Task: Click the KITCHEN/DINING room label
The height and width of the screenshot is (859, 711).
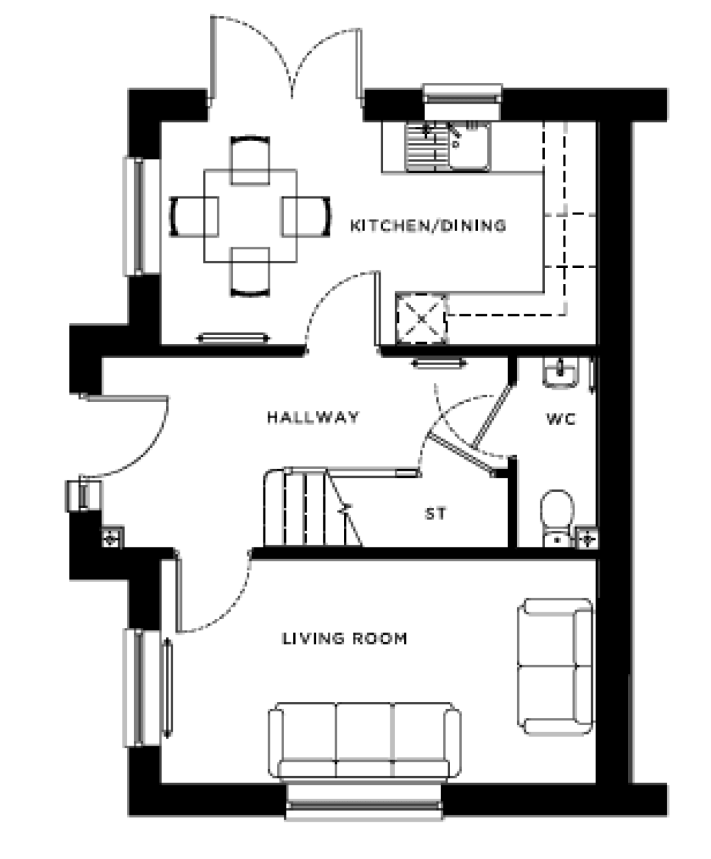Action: pyautogui.click(x=428, y=225)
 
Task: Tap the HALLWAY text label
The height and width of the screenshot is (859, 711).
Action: pyautogui.click(x=313, y=417)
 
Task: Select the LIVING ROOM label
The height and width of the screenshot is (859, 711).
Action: pyautogui.click(x=345, y=639)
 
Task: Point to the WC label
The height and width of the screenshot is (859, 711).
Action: pyautogui.click(x=560, y=419)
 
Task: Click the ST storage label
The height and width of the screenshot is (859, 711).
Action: pyautogui.click(x=435, y=514)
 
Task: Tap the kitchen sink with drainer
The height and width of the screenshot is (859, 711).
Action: pyautogui.click(x=447, y=147)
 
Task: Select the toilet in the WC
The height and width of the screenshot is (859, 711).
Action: pyautogui.click(x=556, y=516)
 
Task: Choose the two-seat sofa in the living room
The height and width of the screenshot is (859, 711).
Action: pyautogui.click(x=555, y=666)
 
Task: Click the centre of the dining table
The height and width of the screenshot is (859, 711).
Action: pyautogui.click(x=251, y=216)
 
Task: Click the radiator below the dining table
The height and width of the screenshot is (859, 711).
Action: pyautogui.click(x=232, y=338)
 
